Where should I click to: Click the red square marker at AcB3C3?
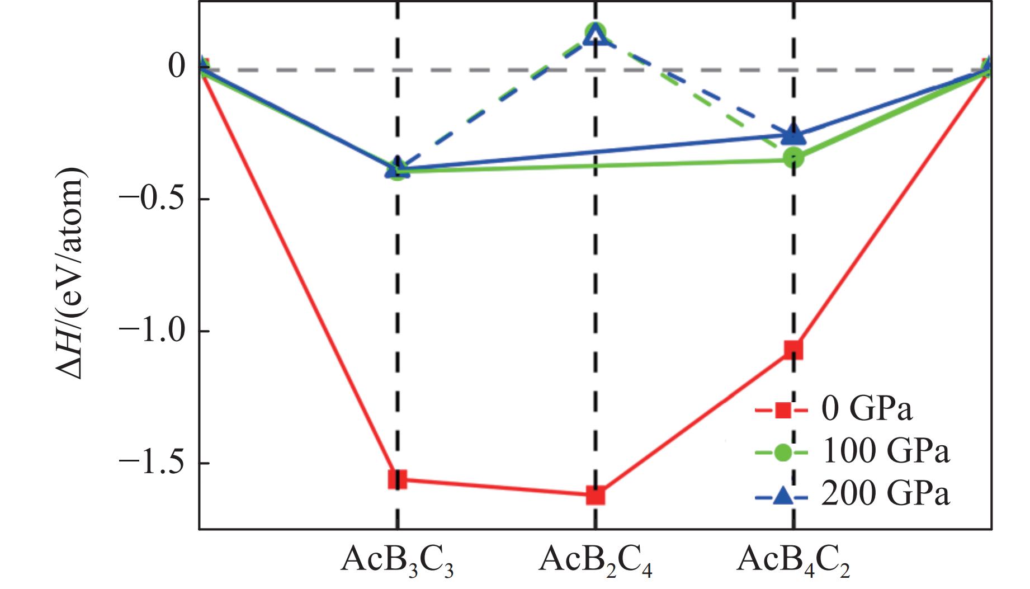point(398,479)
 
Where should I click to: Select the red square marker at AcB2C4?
point(596,495)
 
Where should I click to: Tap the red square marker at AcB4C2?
point(793,350)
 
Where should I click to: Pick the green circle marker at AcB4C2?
point(793,158)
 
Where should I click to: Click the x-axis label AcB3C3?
point(397,559)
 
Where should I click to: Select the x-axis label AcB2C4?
point(595,559)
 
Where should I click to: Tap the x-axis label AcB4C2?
point(793,559)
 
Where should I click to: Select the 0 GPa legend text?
point(866,409)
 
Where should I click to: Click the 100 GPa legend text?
point(885,451)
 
